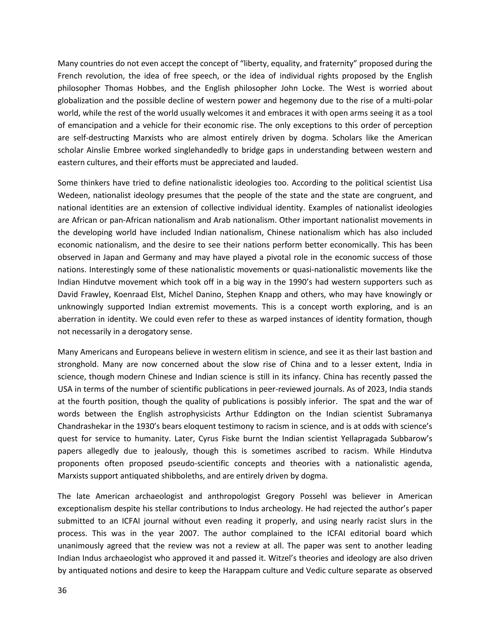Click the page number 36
62,590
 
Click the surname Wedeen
72,195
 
